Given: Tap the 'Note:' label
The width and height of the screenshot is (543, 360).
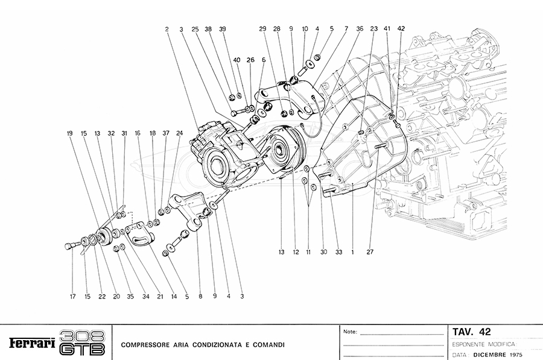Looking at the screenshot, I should pos(350,332).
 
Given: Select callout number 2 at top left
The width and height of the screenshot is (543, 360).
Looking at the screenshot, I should pos(166,29).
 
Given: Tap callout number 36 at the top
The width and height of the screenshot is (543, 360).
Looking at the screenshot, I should pos(360,28).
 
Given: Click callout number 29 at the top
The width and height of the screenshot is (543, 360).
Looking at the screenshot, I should pos(262,28).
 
